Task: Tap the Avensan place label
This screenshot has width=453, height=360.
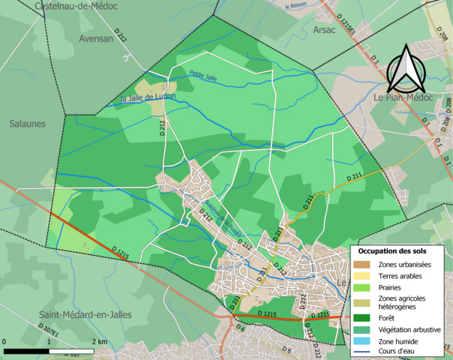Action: (x=97, y=38)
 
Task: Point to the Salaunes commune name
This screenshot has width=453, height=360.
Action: (x=27, y=124)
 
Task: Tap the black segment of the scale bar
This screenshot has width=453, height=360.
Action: (x=27, y=351)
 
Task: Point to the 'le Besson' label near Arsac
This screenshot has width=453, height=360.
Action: (x=297, y=6)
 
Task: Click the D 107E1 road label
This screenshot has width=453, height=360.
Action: (x=49, y=329)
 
